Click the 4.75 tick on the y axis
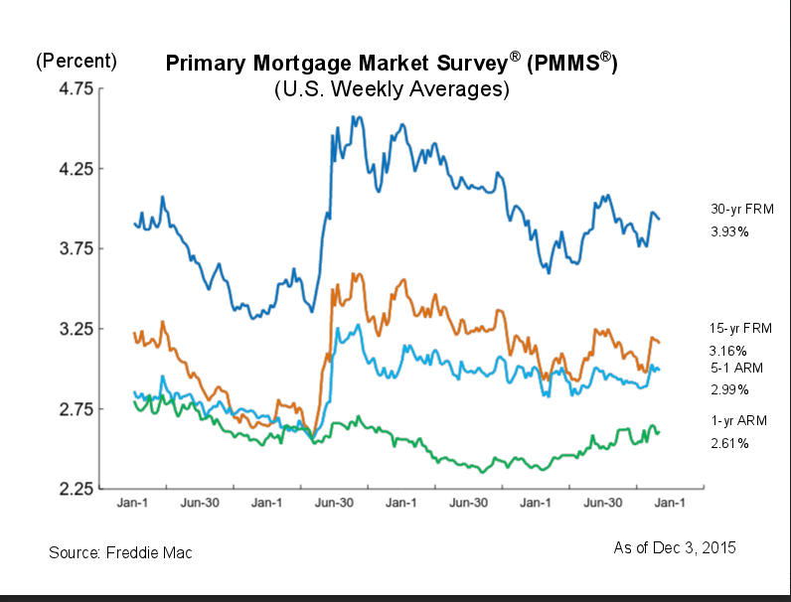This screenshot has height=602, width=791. coord(70,88)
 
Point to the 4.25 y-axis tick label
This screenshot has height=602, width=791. coord(70,169)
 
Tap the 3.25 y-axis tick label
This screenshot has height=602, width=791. coord(70,329)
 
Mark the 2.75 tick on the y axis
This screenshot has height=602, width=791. coord(70,409)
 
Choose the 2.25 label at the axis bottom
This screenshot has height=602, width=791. coord(70,489)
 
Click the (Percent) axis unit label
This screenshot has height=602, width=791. coord(77,61)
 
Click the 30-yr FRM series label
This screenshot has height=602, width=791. coord(741,210)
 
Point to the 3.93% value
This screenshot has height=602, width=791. coord(728,231)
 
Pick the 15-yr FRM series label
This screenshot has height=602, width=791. coord(740,328)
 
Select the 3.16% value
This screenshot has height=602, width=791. coord(727,351)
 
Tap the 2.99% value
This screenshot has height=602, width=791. coord(727,389)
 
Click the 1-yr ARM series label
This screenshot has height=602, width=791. coord(737,420)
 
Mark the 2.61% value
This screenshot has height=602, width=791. coord(728,443)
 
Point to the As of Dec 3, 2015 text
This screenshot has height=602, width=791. coord(675,547)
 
